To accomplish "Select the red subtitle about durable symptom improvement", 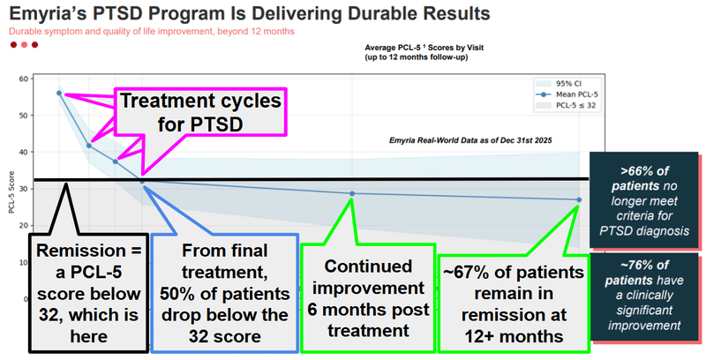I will pos(151,32).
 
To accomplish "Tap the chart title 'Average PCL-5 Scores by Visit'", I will pos(428,47).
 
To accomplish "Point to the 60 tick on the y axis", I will pos(23,79).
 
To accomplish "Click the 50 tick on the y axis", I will pos(23,116).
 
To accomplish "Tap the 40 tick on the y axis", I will pos(23,153).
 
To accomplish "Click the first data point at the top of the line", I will pos(59,93).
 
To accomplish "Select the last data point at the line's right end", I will pos(580,199).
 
